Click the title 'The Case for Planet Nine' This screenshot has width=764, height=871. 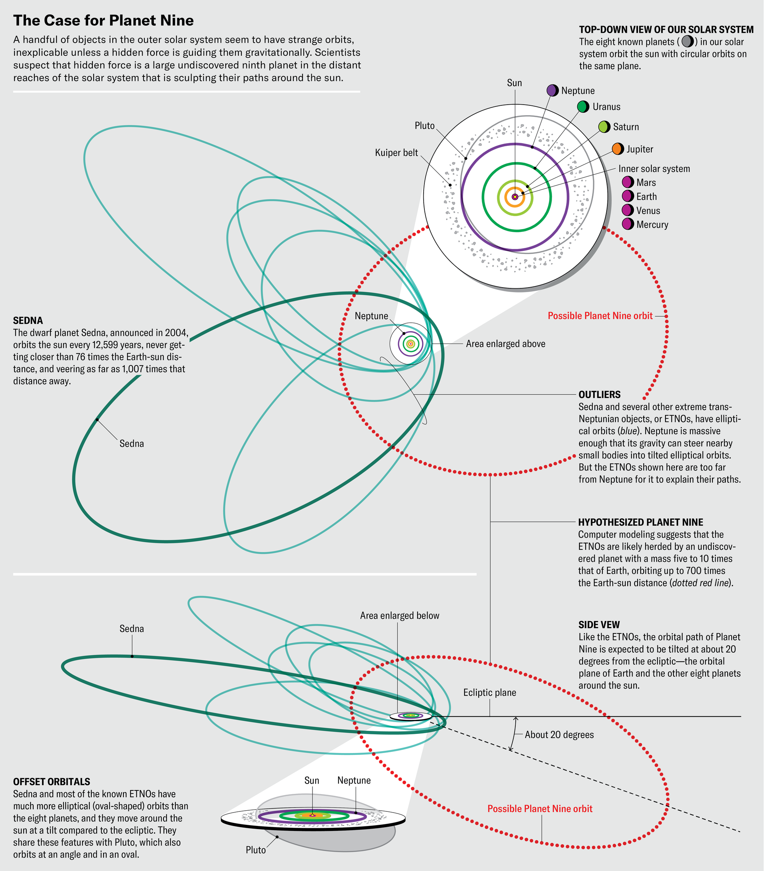click(x=104, y=21)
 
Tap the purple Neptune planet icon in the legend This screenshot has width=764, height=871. click(x=552, y=90)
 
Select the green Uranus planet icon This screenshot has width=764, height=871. click(x=583, y=107)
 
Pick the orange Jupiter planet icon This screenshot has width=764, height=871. click(x=618, y=149)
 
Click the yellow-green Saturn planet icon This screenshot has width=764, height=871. click(x=604, y=126)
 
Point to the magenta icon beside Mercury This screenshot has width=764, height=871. click(x=628, y=224)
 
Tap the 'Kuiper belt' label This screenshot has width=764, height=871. click(x=397, y=153)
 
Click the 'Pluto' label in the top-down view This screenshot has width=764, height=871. click(x=425, y=126)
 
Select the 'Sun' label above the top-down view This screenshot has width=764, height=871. click(x=514, y=82)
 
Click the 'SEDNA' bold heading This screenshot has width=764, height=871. click(x=28, y=320)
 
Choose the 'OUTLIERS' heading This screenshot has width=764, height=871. click(x=599, y=394)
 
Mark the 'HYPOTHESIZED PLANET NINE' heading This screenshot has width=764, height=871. click(x=640, y=522)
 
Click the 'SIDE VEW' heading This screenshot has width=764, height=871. click(x=599, y=625)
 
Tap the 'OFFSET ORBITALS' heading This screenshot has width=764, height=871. click(x=52, y=782)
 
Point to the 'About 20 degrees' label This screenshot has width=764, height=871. click(x=559, y=735)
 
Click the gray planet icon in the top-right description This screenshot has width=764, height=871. click(x=687, y=41)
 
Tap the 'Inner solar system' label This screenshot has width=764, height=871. click(x=654, y=169)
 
